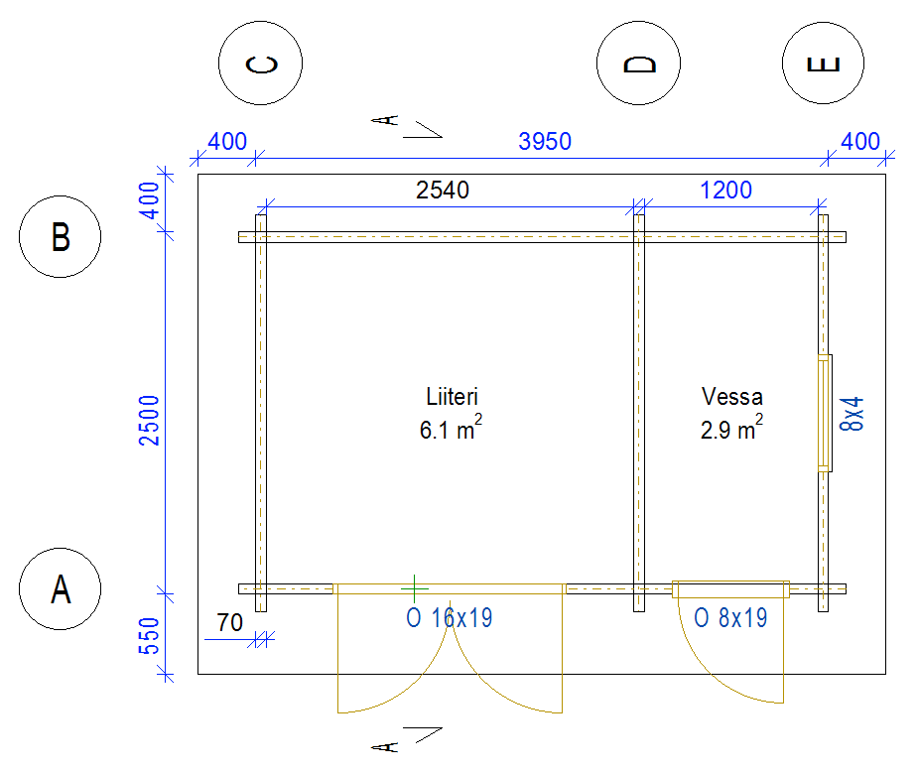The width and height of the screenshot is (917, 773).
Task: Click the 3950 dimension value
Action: point(545,142)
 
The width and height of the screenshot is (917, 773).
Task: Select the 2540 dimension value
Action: point(443,191)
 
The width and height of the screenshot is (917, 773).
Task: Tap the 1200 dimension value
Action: point(725,191)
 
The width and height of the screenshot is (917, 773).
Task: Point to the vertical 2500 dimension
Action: point(150,421)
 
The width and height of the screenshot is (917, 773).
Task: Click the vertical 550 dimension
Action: point(150,636)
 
